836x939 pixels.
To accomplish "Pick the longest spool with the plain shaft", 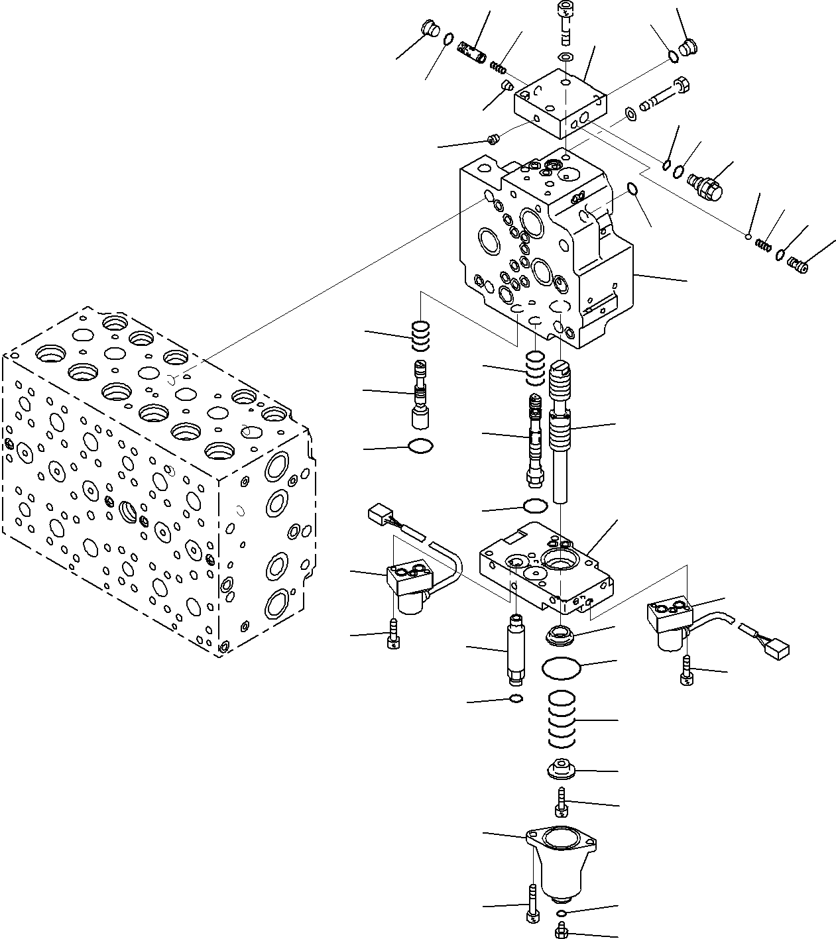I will [562, 431].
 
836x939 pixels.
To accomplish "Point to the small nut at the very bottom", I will [561, 931].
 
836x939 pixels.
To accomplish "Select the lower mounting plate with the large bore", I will [544, 567].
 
